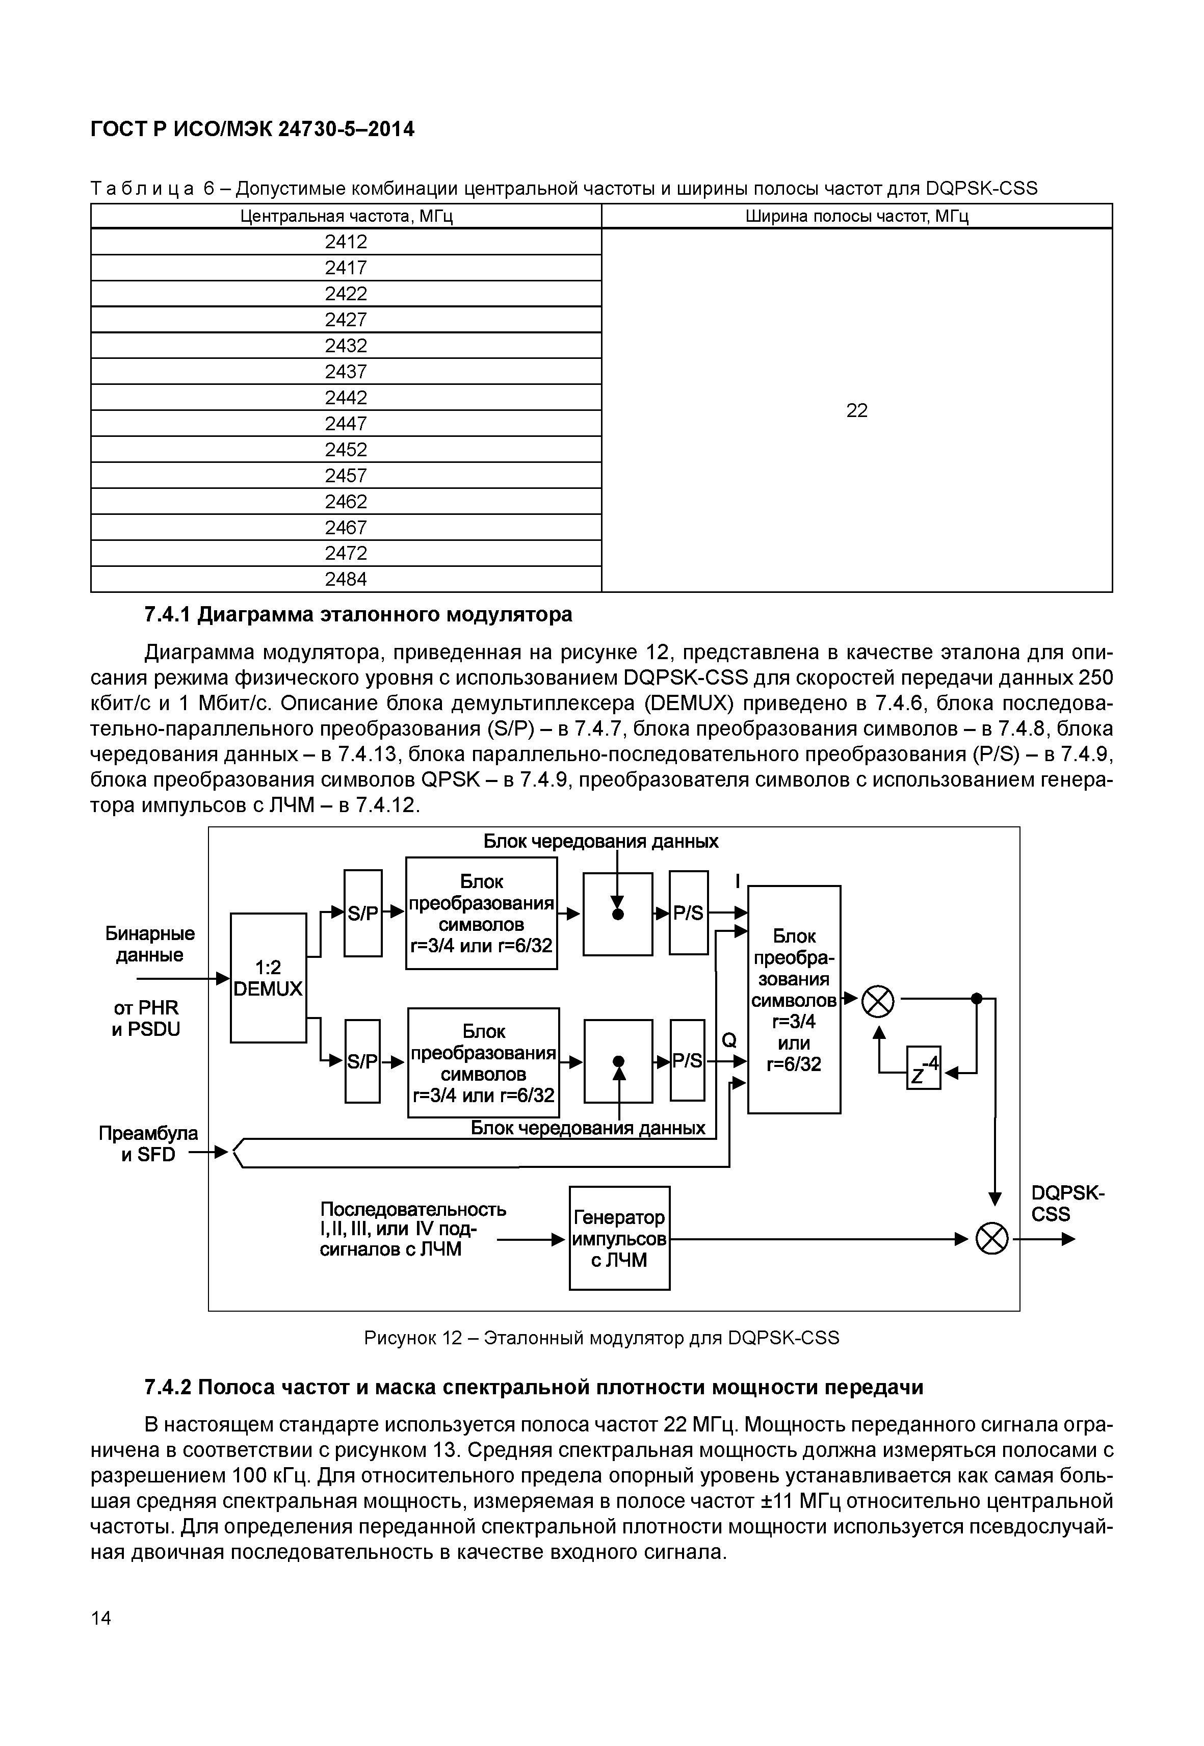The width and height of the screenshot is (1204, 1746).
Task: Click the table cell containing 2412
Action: pos(346,242)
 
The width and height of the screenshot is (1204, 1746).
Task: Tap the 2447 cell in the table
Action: pos(346,423)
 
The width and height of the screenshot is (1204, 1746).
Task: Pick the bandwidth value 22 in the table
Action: pos(856,410)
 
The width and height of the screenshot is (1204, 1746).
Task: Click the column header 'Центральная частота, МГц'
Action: pos(346,217)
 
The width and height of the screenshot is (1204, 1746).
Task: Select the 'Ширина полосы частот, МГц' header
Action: pos(856,217)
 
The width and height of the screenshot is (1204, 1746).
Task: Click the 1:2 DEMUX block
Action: pos(268,978)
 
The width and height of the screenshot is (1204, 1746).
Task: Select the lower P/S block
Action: pos(687,1060)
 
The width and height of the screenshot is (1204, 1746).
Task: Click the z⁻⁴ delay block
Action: pos(923,1067)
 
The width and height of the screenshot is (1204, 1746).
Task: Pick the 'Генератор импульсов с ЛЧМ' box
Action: pos(619,1238)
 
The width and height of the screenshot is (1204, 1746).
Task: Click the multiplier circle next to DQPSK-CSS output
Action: pos(991,1239)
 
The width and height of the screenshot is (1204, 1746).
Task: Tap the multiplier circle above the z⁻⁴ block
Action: pos(877,1002)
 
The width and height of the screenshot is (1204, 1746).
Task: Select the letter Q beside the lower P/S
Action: pos(729,1040)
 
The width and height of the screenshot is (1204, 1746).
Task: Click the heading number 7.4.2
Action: pos(170,1388)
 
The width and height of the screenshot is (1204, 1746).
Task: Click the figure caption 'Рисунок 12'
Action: pos(601,1338)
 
